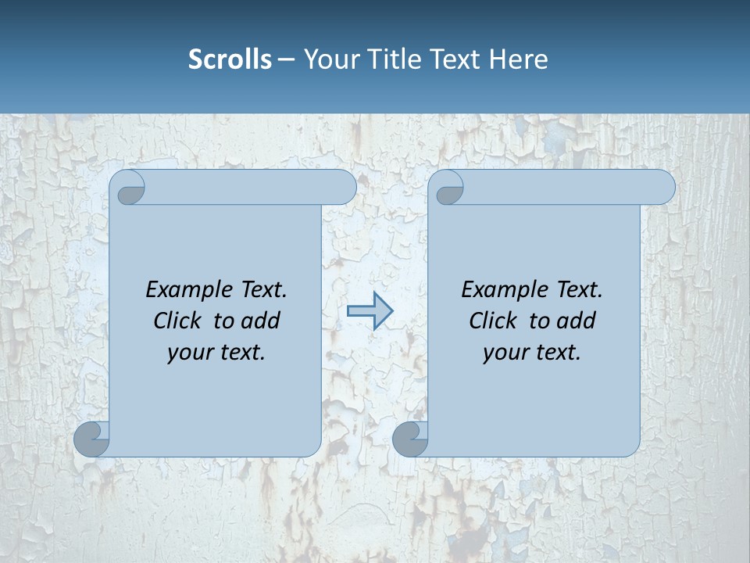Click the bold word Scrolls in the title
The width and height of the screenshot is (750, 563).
[230, 59]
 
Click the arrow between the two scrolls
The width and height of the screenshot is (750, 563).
[370, 311]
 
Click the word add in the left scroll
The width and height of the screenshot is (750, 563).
[261, 321]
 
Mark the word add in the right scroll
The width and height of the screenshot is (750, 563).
[577, 321]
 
